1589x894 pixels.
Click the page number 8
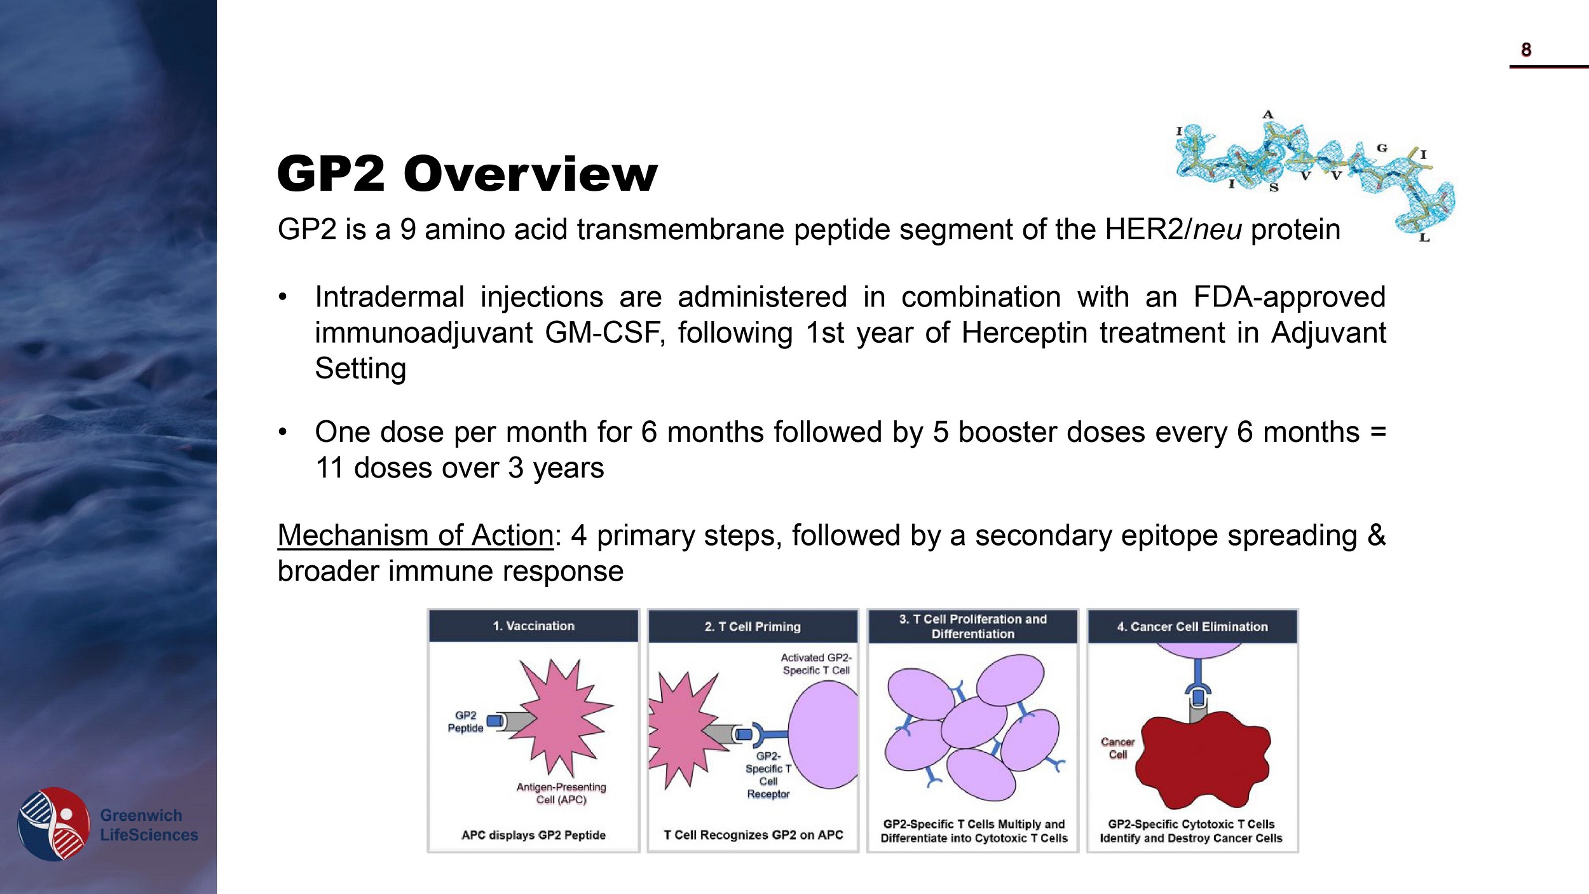[1525, 50]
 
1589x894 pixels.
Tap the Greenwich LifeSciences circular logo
[54, 823]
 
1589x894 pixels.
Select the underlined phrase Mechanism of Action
[416, 535]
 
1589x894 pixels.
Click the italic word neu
[1217, 230]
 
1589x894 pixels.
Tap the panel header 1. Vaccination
[533, 626]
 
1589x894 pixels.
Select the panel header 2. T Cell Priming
[753, 627]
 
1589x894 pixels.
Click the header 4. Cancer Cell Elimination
[1192, 627]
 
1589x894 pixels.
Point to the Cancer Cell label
[1117, 748]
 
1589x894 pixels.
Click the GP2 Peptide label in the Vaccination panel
[465, 722]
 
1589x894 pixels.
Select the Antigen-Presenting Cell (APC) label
[561, 793]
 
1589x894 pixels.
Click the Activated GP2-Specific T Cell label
[816, 664]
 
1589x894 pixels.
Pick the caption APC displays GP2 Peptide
[533, 835]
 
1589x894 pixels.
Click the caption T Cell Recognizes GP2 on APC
[753, 835]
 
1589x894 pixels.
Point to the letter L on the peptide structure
[1424, 238]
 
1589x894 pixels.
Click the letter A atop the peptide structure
[1268, 115]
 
